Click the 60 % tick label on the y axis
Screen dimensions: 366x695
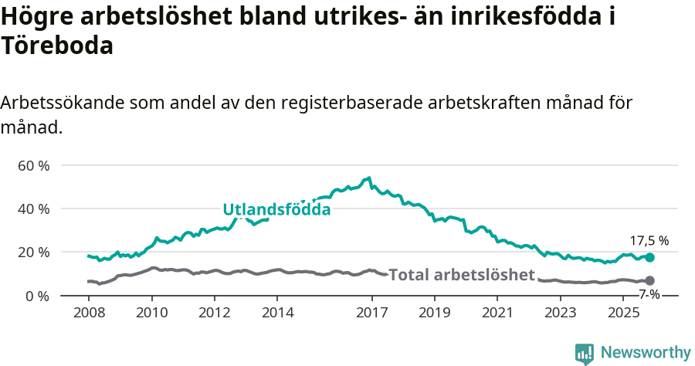point(34,166)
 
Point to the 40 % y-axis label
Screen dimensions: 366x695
point(34,209)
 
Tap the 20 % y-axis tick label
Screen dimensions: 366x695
point(34,252)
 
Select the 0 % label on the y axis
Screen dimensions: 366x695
point(38,296)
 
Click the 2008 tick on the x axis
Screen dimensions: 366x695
point(89,313)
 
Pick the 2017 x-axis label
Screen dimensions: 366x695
point(371,313)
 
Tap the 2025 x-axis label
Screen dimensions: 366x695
point(623,313)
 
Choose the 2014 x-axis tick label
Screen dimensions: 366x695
point(277,313)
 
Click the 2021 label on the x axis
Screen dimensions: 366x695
point(497,313)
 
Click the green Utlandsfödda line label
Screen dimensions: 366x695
point(276,209)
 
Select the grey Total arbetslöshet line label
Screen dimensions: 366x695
point(462,275)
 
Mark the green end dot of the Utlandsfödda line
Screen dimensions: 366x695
point(649,257)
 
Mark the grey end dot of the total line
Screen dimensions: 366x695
point(649,280)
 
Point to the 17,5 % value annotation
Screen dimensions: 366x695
point(649,241)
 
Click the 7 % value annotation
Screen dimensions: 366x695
point(649,294)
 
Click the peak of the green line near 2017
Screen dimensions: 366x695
point(369,178)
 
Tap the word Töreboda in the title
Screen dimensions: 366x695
point(58,46)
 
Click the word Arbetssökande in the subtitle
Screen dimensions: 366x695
point(62,103)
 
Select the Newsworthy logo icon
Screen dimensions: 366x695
point(585,353)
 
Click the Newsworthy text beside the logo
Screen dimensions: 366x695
point(646,353)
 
